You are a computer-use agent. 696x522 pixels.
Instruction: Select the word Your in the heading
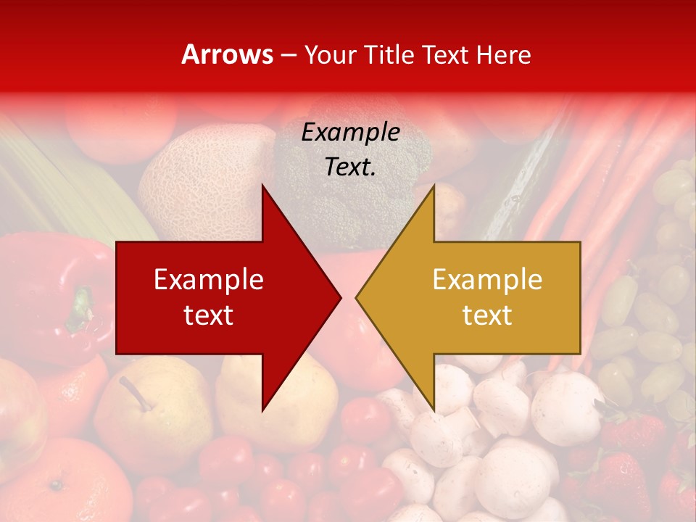(x=328, y=54)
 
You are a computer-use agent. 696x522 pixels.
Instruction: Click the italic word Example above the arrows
(x=351, y=133)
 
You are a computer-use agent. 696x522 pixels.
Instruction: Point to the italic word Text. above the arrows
(x=351, y=167)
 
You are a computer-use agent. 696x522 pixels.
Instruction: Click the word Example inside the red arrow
(x=209, y=280)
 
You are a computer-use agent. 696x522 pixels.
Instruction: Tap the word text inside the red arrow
(x=209, y=315)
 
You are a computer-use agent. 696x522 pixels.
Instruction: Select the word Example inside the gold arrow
(x=487, y=280)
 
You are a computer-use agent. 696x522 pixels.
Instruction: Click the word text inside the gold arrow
(x=487, y=315)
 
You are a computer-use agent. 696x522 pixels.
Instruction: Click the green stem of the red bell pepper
(x=80, y=308)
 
